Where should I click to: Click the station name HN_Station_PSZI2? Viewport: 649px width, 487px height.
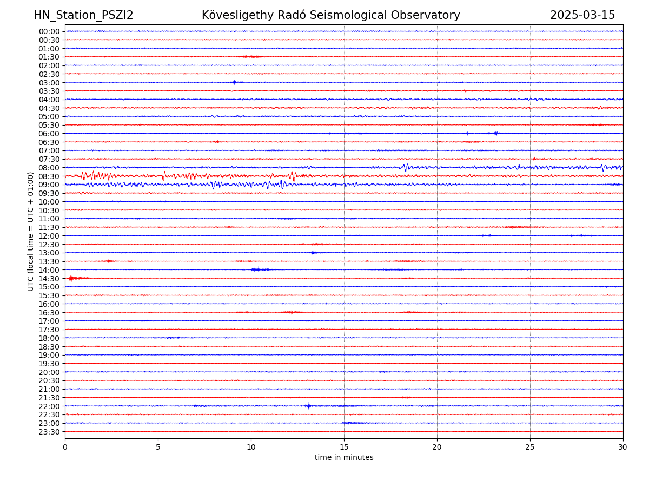tap(83, 15)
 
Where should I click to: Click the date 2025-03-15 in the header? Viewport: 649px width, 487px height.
tap(582, 15)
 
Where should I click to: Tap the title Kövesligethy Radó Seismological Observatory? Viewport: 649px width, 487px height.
tap(330, 15)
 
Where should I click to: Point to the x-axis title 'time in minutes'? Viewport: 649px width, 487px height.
tap(344, 458)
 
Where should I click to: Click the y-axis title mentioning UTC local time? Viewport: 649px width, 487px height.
tap(31, 231)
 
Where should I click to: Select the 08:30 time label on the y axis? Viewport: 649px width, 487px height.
tap(49, 176)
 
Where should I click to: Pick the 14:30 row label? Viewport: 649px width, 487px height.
tap(49, 279)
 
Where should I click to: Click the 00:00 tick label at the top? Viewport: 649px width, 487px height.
tap(49, 31)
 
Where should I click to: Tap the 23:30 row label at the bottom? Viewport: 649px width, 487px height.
tap(49, 432)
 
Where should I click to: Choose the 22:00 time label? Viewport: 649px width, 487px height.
tap(49, 406)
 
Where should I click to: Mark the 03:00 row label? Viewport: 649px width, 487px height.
tap(49, 83)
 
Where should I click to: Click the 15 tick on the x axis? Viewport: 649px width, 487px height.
tap(344, 447)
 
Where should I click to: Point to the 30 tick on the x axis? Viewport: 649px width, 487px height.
tap(623, 447)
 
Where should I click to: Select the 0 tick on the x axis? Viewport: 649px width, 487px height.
tap(65, 447)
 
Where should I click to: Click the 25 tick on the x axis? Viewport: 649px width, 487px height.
tap(530, 447)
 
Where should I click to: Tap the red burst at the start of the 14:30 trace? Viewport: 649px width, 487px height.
tap(71, 278)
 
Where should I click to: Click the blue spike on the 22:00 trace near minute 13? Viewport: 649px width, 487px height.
tap(308, 406)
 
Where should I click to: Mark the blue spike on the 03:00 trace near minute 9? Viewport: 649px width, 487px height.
tap(234, 82)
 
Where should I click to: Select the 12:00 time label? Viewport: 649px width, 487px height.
tap(49, 236)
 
